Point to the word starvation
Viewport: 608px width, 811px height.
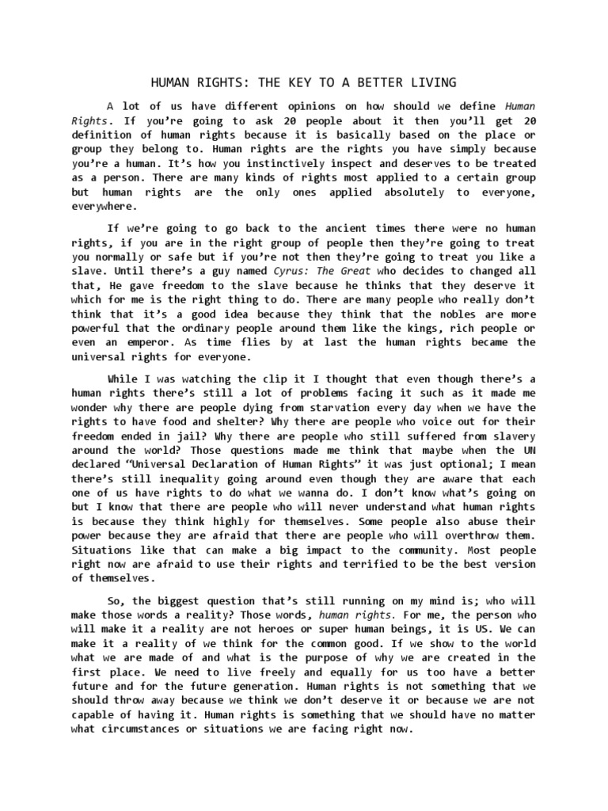pos(317,407)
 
